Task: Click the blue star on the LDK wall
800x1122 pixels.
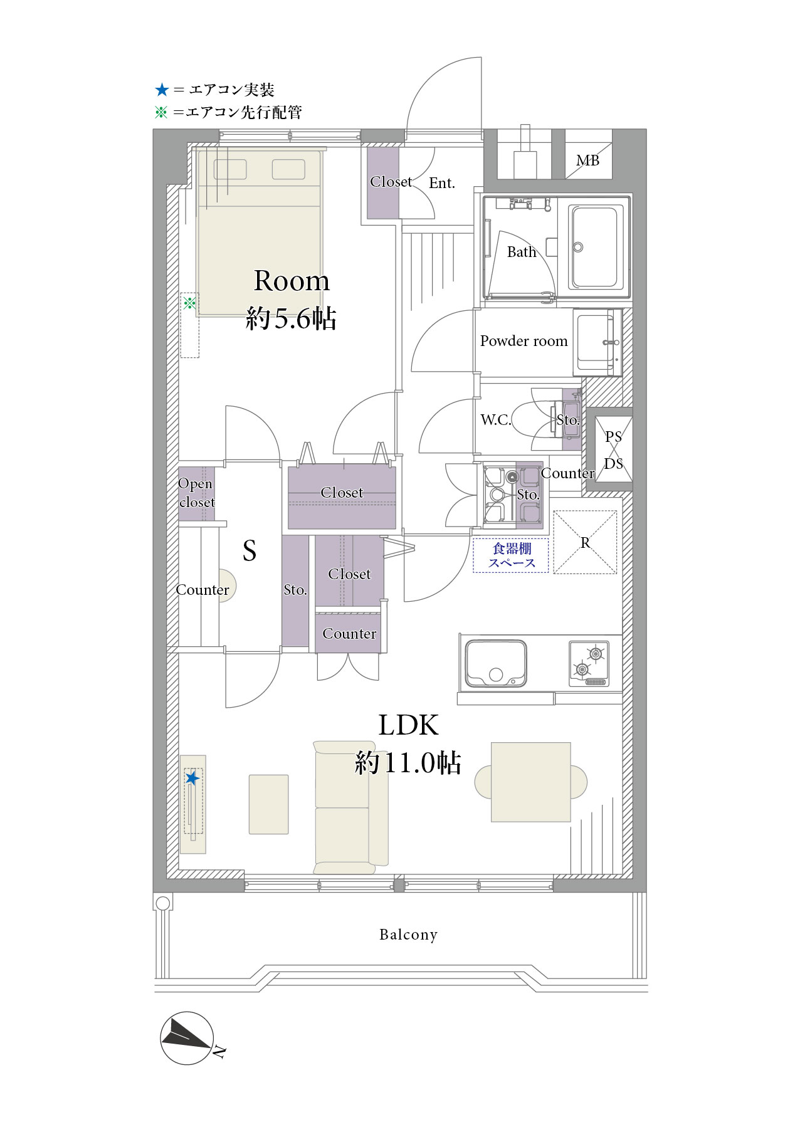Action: tap(192, 779)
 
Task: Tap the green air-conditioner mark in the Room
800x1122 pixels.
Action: tap(189, 303)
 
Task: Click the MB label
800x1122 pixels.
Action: tap(587, 160)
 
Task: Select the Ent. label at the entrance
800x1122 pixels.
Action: tap(442, 183)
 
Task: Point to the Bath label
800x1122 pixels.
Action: tap(522, 252)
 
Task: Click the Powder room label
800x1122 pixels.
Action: tap(524, 341)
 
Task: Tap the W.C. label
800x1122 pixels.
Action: tap(496, 420)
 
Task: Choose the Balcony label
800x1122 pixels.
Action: tap(408, 935)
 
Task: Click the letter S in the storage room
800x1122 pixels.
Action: tap(250, 550)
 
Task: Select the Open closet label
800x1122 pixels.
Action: tap(196, 493)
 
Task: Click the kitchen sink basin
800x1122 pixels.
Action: tap(495, 663)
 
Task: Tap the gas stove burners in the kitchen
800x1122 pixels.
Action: tap(589, 663)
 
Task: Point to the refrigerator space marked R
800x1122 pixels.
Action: tap(585, 542)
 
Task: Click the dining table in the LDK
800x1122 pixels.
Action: tap(531, 782)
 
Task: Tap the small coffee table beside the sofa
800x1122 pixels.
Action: tap(269, 804)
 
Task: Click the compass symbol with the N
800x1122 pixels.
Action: tap(188, 1038)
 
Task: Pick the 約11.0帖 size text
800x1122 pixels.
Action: tap(408, 763)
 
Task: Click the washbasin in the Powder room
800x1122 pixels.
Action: tap(596, 342)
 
